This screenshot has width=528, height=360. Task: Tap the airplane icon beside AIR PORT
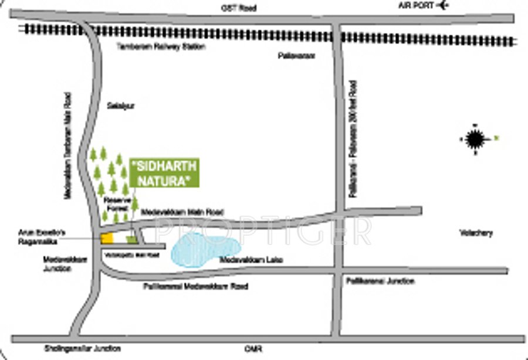(442, 6)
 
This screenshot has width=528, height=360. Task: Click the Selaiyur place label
(121, 106)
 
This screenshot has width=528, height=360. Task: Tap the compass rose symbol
(474, 139)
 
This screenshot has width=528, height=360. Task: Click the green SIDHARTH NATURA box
(164, 173)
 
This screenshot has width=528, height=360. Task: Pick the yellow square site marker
(107, 238)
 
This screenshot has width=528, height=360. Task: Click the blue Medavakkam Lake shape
(203, 249)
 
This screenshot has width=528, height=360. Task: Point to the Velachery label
(476, 233)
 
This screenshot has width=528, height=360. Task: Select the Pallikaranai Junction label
(380, 281)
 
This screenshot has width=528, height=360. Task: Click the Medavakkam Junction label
(57, 263)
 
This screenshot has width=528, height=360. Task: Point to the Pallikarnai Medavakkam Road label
(195, 287)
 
